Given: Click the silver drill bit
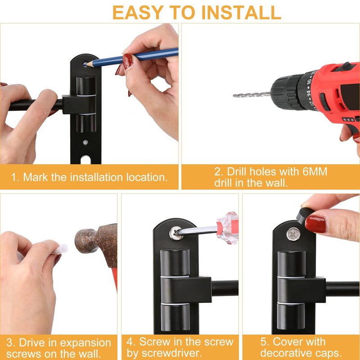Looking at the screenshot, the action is coord(252,94).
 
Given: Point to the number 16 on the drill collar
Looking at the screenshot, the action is coord(309,81).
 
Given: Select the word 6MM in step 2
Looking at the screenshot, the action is coord(315,171).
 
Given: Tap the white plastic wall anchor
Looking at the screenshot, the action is coord(61,249).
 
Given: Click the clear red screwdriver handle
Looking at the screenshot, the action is coord(227,228).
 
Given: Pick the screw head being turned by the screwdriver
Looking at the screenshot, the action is coord(176,233).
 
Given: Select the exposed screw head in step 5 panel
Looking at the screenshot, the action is coord(293,234).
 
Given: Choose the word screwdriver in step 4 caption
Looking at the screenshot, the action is coord(164,353).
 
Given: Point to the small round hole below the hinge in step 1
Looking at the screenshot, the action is coord(85,142).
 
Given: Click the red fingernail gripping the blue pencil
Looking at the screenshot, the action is coord(127,61).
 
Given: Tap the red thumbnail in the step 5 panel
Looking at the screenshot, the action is coord(315,224).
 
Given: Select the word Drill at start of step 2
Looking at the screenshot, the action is coord(237,171).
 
